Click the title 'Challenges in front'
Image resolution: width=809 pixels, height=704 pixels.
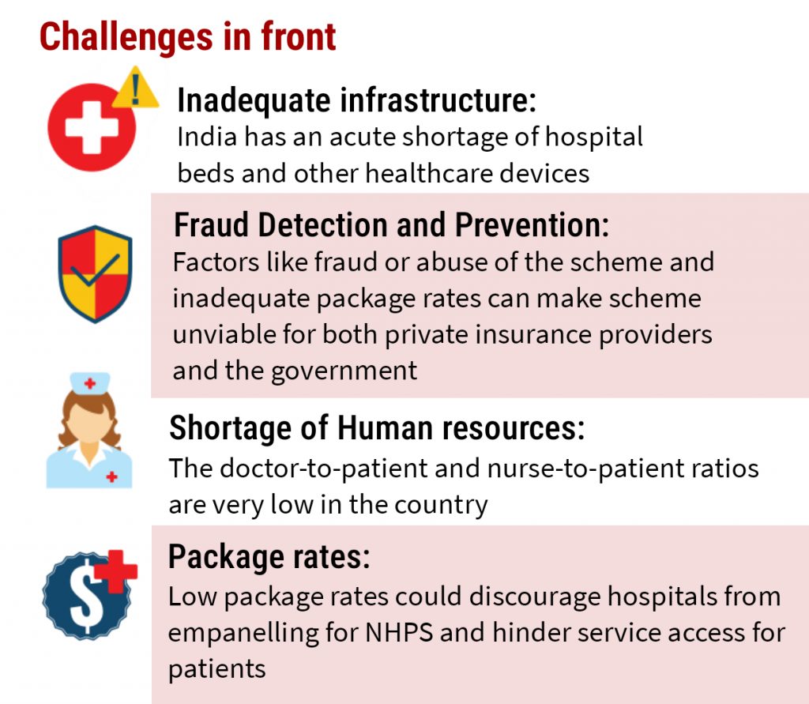pos(188,38)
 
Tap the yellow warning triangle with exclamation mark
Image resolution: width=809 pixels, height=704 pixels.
pos(136,88)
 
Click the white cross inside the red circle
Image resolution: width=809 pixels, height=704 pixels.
pos(92,127)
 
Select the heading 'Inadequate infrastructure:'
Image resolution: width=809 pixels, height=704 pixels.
pos(356,100)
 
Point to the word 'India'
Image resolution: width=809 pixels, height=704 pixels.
pos(207,137)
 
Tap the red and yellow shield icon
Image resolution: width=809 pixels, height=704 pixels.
pos(95,274)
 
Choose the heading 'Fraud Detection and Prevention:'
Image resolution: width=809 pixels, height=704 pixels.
pos(392,225)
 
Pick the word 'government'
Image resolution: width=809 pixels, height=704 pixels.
pos(344,371)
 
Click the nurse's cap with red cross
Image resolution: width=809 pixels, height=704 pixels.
pos(90,383)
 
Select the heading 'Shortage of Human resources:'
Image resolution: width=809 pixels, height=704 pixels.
pos(377,428)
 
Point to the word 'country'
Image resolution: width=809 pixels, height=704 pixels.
pos(441,506)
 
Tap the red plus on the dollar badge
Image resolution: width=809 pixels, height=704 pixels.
pos(119,570)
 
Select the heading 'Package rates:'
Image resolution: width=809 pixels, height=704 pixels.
pos(269,557)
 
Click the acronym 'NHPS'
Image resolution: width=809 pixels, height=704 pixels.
pos(399,633)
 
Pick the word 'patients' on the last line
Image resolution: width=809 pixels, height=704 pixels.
pos(216,669)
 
